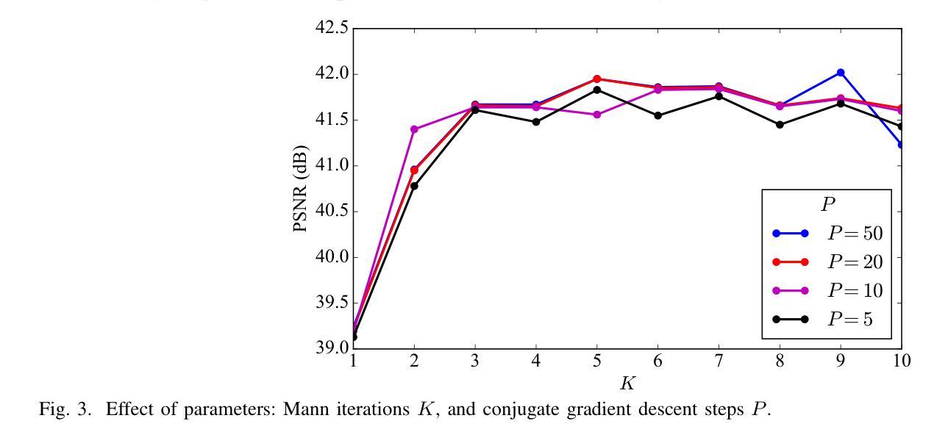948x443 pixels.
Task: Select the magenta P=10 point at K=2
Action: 414,129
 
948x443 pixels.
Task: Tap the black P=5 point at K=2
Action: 414,186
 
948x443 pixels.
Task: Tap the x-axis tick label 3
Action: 475,361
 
